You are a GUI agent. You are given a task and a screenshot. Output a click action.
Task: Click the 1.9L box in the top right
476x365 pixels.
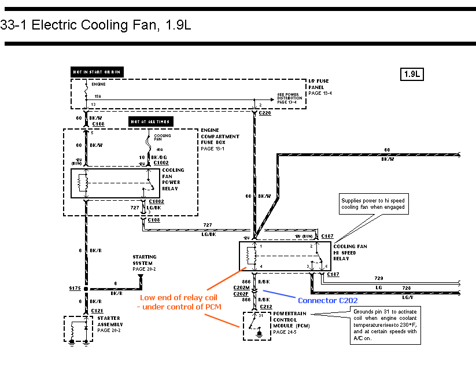[412, 74]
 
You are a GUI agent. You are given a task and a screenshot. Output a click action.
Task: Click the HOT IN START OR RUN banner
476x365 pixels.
[97, 72]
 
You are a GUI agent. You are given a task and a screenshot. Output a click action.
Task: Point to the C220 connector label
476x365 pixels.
[265, 113]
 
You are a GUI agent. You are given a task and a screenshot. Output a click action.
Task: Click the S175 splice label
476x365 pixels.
[75, 287]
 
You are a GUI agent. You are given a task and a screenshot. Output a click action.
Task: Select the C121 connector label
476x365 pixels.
[98, 311]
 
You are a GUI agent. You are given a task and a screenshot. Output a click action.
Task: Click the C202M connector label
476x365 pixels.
[241, 287]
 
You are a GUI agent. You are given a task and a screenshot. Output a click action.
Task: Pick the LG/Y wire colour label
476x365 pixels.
[407, 297]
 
